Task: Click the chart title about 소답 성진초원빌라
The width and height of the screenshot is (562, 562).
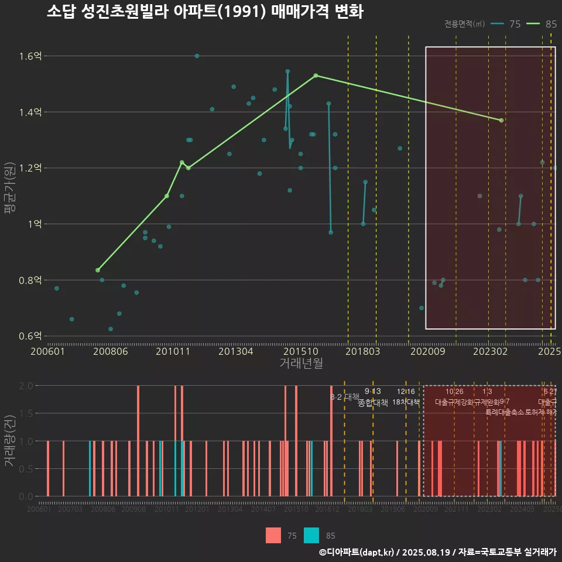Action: pos(205,12)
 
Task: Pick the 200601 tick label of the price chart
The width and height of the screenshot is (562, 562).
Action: pos(47,352)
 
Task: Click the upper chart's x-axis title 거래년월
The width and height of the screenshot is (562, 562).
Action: pos(301,364)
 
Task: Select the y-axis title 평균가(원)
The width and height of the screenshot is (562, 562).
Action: pos(10,196)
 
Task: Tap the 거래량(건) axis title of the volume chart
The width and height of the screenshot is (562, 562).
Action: pos(10,441)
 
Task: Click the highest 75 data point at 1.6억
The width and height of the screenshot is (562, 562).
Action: pos(197,56)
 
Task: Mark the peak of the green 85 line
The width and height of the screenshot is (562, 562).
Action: pos(316,76)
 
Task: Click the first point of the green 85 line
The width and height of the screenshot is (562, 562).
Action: pos(98,270)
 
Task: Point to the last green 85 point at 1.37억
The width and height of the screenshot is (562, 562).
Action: pos(501,121)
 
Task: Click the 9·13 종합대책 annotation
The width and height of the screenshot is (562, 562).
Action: pos(373,397)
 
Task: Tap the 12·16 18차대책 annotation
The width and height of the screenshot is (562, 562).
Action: pos(406,397)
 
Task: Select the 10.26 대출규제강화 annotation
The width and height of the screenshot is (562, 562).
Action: pos(455,397)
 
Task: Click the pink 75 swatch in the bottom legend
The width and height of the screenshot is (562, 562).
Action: pos(273,535)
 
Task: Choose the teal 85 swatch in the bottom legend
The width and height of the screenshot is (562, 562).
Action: pos(312,535)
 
